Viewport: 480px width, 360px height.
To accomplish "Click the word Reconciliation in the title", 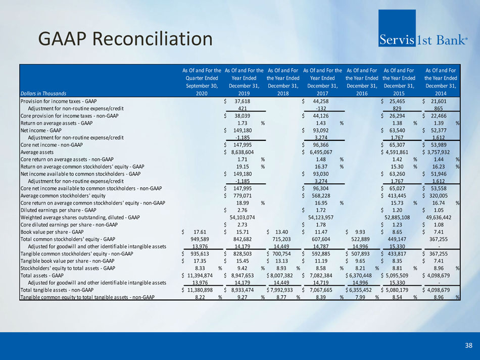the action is pyautogui.click(x=153, y=39).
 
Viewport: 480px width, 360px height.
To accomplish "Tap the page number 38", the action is pyautogui.click(x=469, y=345).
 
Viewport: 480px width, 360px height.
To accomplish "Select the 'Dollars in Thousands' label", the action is pyautogui.click(x=43, y=93).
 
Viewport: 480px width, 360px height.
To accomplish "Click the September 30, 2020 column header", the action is pyautogui.click(x=202, y=82).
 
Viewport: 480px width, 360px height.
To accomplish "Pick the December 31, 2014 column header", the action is pyautogui.click(x=441, y=82).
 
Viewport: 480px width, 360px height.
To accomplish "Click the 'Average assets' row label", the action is pyautogui.click(x=37, y=152).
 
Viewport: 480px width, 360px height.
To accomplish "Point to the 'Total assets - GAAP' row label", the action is pyautogui.click(x=42, y=275).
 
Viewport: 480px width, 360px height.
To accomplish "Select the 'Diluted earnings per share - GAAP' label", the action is pyautogui.click(x=58, y=210).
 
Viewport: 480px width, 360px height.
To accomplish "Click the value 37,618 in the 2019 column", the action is pyautogui.click(x=242, y=101).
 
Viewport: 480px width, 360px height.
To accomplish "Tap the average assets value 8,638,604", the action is pyautogui.click(x=243, y=152).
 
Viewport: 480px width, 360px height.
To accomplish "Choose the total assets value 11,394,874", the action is pyautogui.click(x=200, y=275).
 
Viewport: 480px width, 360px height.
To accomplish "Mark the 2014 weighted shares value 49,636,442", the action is pyautogui.click(x=439, y=218).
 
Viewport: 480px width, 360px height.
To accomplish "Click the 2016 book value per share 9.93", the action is pyautogui.click(x=360, y=232).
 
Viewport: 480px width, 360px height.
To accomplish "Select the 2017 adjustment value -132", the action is pyautogui.click(x=321, y=108).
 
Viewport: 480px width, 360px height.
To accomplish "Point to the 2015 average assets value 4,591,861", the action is pyautogui.click(x=397, y=152).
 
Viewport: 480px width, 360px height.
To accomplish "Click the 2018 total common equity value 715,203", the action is pyautogui.click(x=282, y=239).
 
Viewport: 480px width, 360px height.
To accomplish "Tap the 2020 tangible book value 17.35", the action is pyautogui.click(x=200, y=261).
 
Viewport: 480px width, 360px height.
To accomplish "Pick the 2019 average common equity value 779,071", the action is pyautogui.click(x=243, y=196).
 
